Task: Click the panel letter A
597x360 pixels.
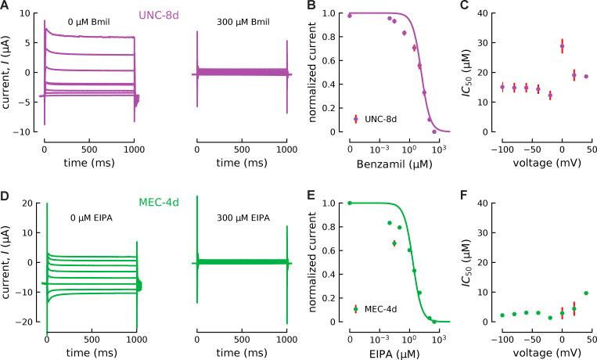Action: click(x=6, y=8)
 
